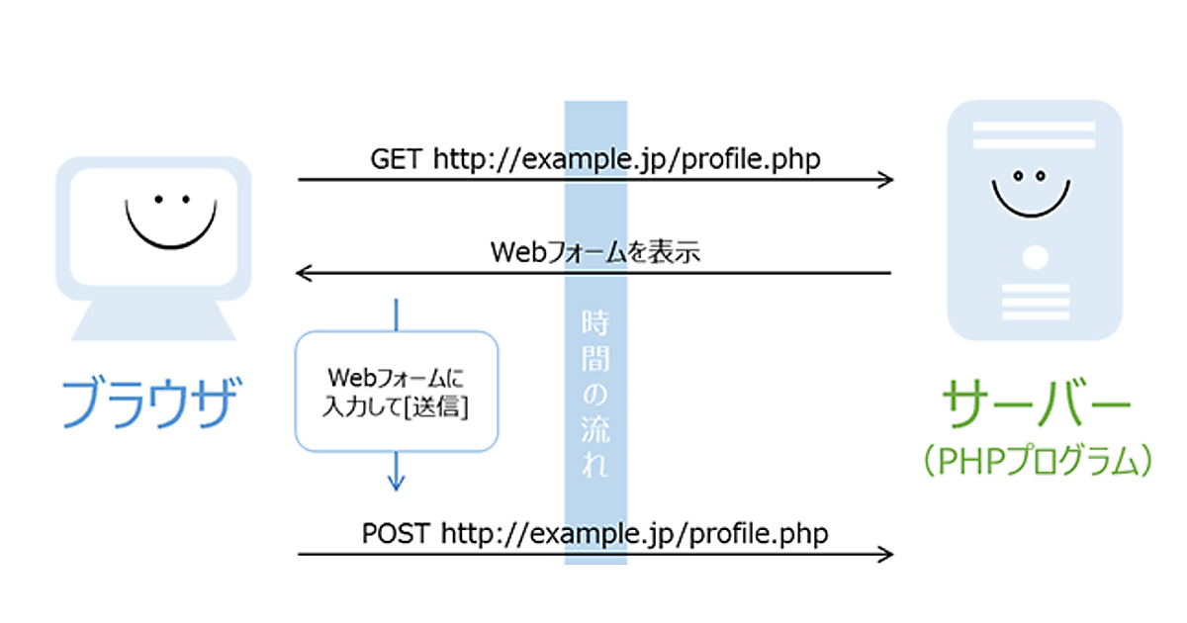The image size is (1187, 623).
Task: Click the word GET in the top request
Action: coord(398,158)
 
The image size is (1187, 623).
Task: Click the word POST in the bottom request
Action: coord(396,533)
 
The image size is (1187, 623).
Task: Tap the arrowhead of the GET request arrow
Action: coord(887,180)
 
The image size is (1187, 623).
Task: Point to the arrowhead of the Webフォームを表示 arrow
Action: coord(304,273)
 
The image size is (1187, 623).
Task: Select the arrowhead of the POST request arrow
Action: coord(887,555)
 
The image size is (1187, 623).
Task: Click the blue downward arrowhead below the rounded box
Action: coord(396,484)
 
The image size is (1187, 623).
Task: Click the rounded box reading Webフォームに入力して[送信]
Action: coord(397,392)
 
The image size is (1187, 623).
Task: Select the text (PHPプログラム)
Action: coord(1035,460)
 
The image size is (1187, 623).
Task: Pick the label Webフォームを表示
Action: coord(594,252)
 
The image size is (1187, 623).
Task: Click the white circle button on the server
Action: coord(1035,258)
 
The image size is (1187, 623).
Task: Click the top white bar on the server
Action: coord(1034,130)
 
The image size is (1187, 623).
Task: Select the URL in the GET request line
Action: coord(626,158)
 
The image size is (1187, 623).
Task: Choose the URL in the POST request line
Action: coord(634,533)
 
